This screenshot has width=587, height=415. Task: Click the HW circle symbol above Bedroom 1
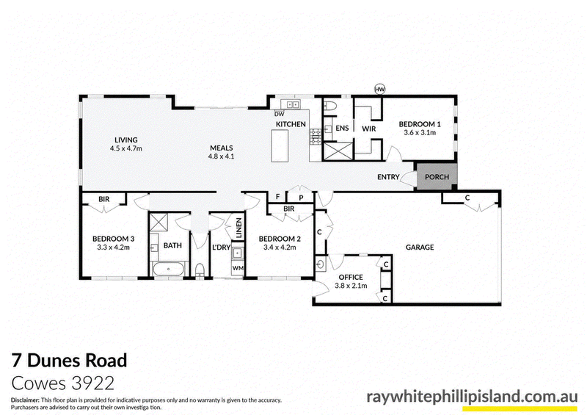click(x=379, y=89)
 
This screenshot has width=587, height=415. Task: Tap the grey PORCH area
click(x=437, y=176)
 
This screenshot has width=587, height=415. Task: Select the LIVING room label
click(x=125, y=140)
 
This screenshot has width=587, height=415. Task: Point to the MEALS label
click(x=222, y=148)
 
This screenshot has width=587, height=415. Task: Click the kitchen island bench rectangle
click(x=280, y=145)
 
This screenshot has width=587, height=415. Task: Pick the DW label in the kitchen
click(x=280, y=114)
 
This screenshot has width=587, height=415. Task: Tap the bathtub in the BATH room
click(x=168, y=269)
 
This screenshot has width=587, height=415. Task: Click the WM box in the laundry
click(x=238, y=268)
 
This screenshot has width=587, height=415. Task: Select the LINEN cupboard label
click(x=239, y=228)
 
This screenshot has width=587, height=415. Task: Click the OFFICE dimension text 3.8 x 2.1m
click(x=351, y=286)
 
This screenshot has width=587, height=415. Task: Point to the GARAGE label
click(x=420, y=247)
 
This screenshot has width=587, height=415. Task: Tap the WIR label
click(x=369, y=129)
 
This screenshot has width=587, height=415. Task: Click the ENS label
click(x=342, y=129)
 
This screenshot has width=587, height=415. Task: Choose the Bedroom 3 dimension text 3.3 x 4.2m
click(x=113, y=248)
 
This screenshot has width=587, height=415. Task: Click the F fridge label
click(x=278, y=196)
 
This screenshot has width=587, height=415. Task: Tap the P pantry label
click(x=301, y=198)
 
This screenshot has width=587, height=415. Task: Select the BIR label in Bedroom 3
click(x=104, y=199)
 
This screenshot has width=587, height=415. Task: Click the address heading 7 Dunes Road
click(x=70, y=361)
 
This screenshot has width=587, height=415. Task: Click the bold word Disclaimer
click(x=26, y=400)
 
